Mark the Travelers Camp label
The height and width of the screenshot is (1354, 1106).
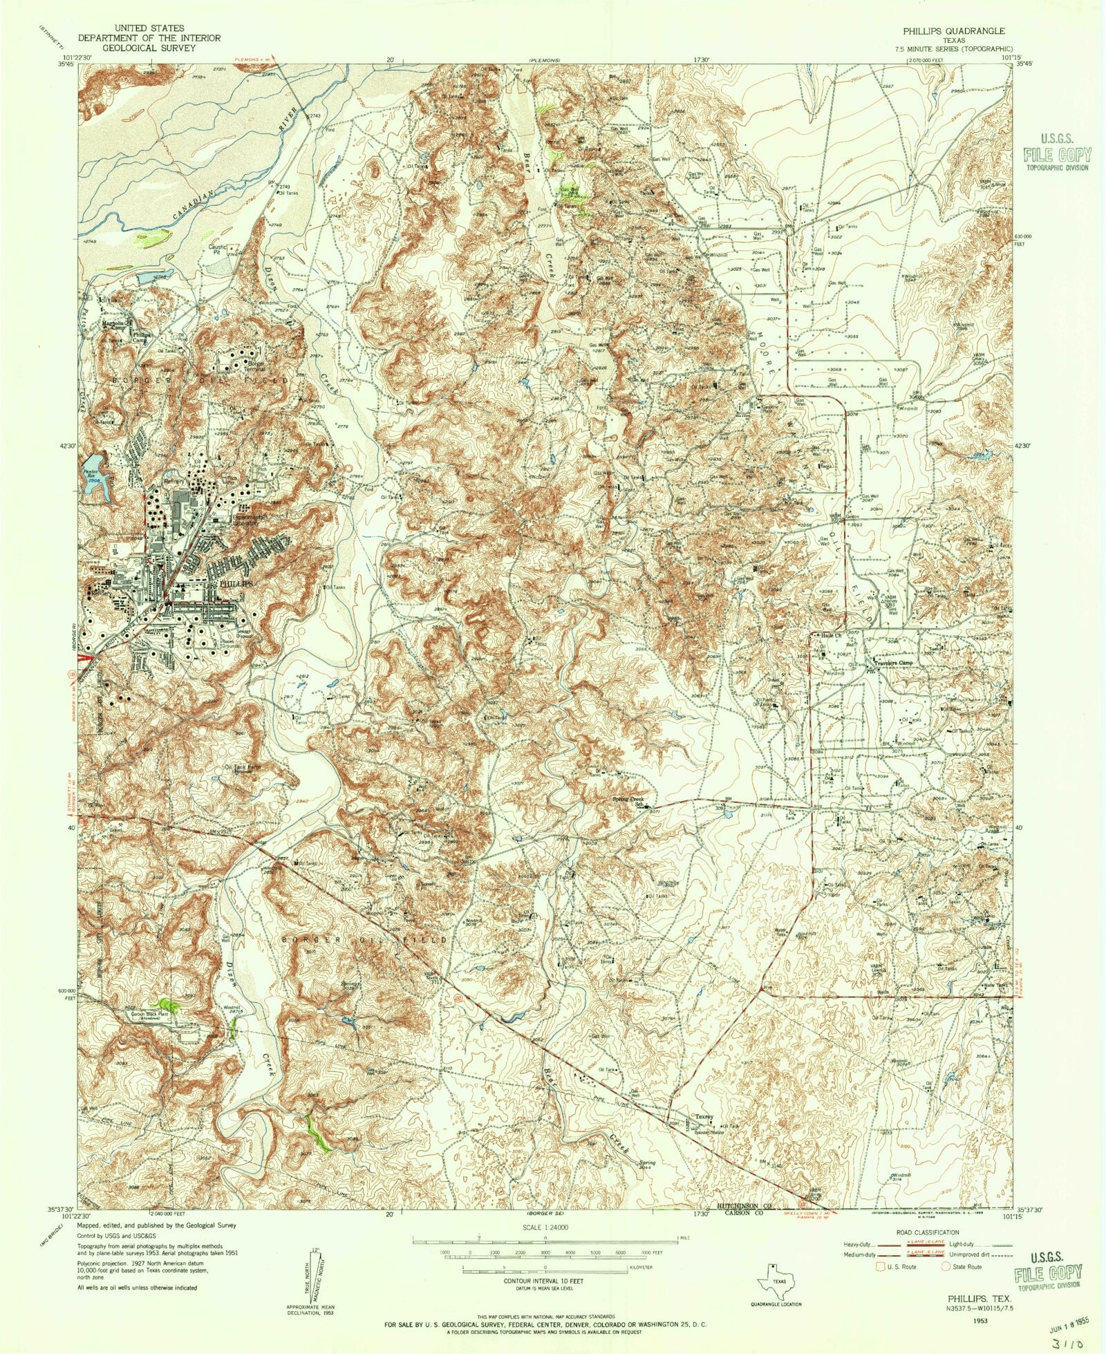click(x=893, y=663)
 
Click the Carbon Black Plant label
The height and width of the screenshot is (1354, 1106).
click(x=150, y=1016)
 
